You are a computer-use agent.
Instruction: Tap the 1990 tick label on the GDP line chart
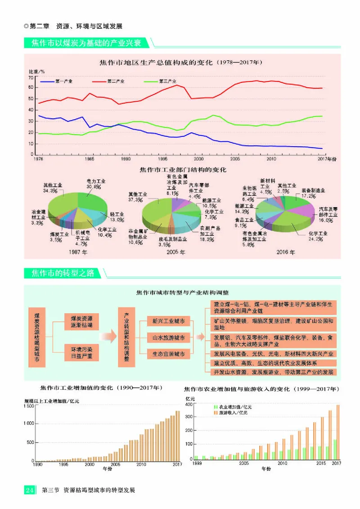tap(126, 159)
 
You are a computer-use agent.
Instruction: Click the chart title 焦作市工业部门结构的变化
tap(182, 170)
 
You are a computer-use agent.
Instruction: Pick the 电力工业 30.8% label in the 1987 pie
tap(95, 183)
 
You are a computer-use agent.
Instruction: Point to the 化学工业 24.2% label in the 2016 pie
tap(318, 237)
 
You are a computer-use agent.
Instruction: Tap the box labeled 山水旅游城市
tap(168, 337)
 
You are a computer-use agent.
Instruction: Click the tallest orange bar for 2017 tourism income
tap(338, 432)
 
